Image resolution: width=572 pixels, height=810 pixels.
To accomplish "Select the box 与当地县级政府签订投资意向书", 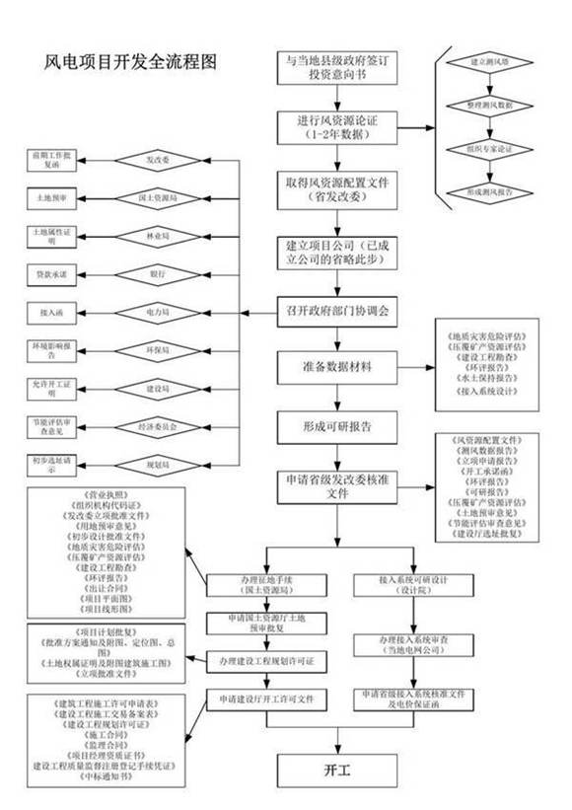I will click(337, 67).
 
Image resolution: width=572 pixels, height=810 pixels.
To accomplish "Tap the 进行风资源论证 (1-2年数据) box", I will click(337, 126).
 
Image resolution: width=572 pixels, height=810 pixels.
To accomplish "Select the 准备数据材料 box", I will click(337, 369).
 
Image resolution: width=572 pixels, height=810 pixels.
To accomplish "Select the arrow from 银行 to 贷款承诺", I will click(99, 272).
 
